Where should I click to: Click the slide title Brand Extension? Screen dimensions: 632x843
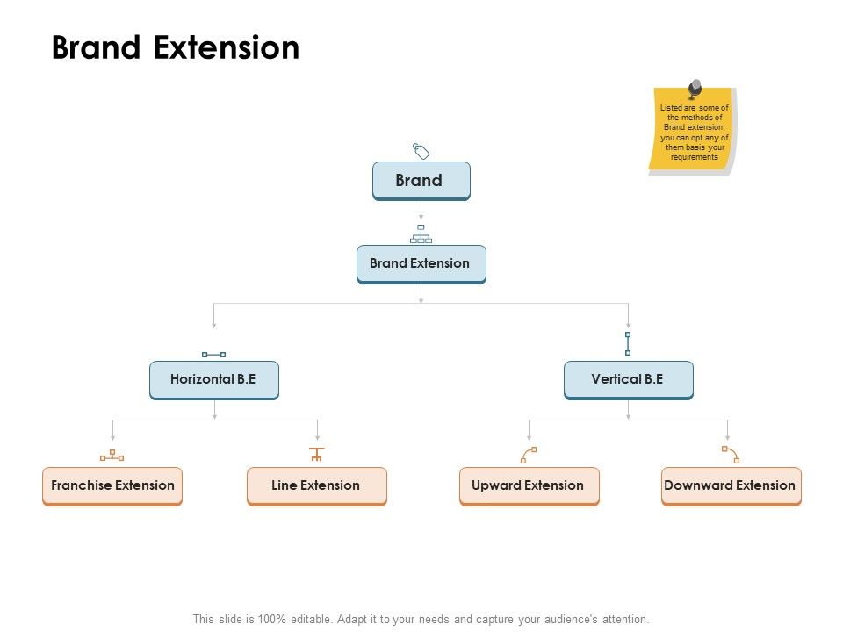(x=176, y=47)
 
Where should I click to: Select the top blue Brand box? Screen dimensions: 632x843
(x=421, y=181)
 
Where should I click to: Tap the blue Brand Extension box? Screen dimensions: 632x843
(x=421, y=263)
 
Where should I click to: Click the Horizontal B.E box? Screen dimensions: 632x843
(x=213, y=380)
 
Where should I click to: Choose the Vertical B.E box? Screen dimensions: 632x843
(x=628, y=380)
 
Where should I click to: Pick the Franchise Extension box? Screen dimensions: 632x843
(x=112, y=485)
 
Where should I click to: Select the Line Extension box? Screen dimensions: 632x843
(x=316, y=485)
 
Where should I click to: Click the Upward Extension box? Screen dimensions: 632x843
(x=529, y=485)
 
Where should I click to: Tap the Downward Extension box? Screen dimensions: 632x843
(x=731, y=485)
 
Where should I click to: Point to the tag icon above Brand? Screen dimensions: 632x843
(x=421, y=151)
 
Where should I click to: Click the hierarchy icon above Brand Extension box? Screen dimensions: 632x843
(x=421, y=233)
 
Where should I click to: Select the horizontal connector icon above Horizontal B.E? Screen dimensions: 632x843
(x=213, y=354)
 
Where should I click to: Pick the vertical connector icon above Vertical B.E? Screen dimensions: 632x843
(x=628, y=343)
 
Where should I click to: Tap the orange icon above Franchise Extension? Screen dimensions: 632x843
(x=112, y=455)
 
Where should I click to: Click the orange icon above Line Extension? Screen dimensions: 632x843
(x=317, y=454)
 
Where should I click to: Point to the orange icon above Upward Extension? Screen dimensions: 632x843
(x=529, y=454)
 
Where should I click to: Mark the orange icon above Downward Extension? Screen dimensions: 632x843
(x=731, y=454)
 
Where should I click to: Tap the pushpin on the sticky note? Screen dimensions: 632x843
(x=695, y=89)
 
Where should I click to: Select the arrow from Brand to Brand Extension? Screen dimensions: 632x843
(x=421, y=210)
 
